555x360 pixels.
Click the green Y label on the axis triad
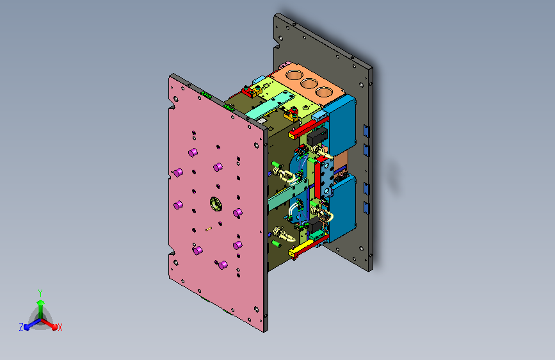pos(40,293)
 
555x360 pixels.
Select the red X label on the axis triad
pos(60,327)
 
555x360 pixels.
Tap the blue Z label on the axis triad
pos(21,327)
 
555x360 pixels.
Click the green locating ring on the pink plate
pos(216,204)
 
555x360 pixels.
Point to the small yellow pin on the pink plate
pos(209,229)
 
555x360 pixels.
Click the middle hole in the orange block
pos(309,84)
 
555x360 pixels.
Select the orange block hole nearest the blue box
pos(323,92)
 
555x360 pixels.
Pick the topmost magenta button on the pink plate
pos(193,152)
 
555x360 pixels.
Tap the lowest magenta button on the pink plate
pos(223,265)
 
